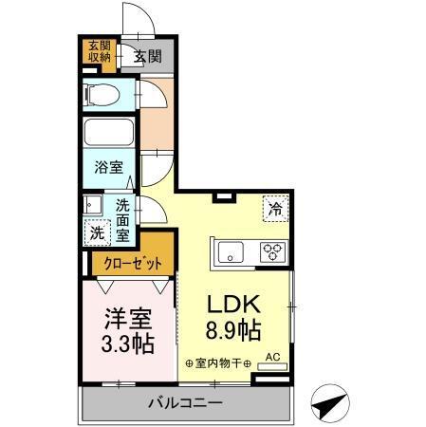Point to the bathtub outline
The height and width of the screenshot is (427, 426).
110,133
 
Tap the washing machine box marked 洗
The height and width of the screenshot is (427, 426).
98,232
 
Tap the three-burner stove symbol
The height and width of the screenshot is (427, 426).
272,252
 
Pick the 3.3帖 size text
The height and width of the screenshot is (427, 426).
127,344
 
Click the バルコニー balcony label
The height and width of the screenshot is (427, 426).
186,403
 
